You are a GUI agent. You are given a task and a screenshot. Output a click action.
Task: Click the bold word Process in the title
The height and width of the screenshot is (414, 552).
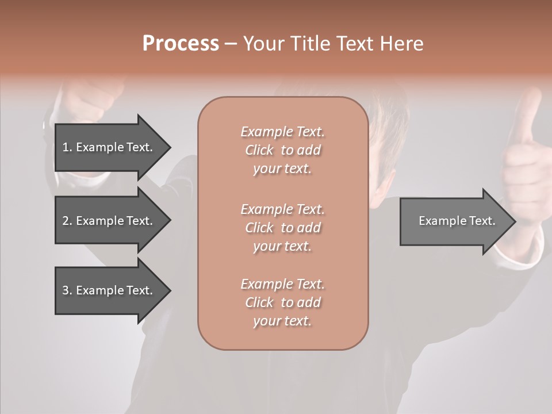(x=181, y=44)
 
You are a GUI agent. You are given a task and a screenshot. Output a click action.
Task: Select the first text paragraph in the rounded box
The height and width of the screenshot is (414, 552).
(x=282, y=150)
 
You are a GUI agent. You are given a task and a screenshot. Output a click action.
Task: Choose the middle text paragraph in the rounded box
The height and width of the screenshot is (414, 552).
(x=282, y=228)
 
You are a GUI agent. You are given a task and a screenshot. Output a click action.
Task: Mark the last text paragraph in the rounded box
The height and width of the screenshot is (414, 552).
(x=282, y=302)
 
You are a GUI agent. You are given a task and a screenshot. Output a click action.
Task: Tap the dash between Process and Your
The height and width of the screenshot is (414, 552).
(x=231, y=44)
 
